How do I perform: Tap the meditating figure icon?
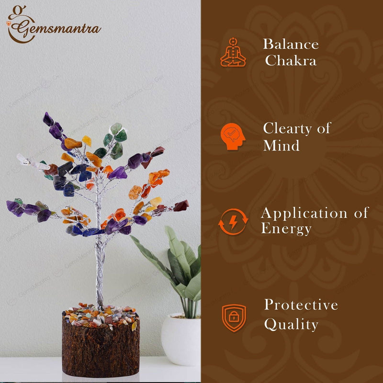pyautogui.click(x=233, y=52)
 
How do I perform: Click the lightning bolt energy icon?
pyautogui.click(x=233, y=222)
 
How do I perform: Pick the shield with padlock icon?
pyautogui.click(x=234, y=318)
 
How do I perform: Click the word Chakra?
pyautogui.click(x=291, y=61)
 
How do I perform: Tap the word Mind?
pyautogui.click(x=282, y=146)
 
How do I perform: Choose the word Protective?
pyautogui.click(x=301, y=305)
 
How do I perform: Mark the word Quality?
pyautogui.click(x=291, y=325)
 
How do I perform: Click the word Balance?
pyautogui.click(x=291, y=45)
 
